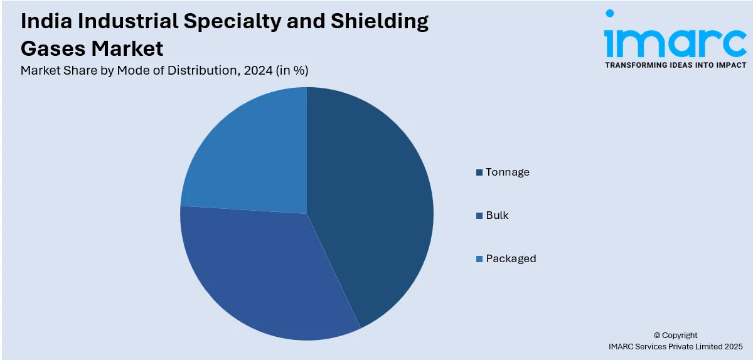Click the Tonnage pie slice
370,201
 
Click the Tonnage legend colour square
479,172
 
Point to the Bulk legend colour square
479,216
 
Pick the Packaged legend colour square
479,259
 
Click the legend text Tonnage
508,172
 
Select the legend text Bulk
497,215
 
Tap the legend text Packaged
511,258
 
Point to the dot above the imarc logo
609,13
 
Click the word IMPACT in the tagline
730,65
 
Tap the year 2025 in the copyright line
732,346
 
